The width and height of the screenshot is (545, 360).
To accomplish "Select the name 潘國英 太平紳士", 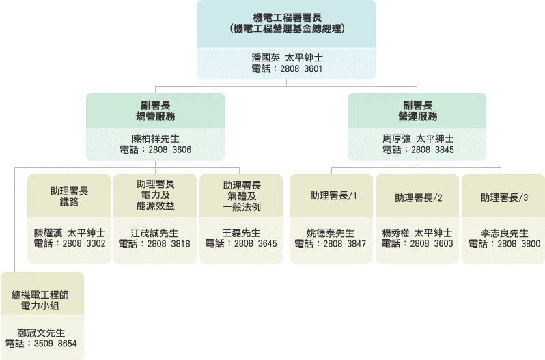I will tap(287, 58).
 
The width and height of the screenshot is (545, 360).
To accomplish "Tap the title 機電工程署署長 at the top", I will tap(287, 17).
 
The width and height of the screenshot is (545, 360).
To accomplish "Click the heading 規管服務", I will tap(156, 116).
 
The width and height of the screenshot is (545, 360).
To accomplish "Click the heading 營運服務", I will tap(417, 116).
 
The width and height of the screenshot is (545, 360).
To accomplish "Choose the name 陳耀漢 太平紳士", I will tap(70, 232).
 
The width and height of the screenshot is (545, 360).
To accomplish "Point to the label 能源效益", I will tap(156, 206).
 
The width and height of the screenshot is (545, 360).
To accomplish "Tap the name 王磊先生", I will tap(242, 232).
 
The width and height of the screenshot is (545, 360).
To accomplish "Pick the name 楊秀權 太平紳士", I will tap(417, 232).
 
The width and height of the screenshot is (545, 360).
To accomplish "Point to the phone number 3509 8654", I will tap(55, 344).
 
